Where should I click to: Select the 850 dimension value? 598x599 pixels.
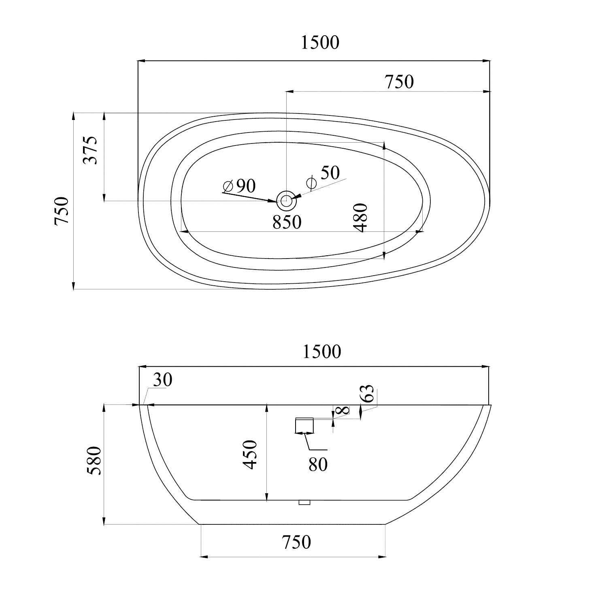tap(287, 222)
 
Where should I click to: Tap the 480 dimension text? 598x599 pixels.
tap(360, 218)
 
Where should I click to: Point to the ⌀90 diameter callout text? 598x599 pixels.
tap(240, 186)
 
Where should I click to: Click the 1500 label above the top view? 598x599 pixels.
tap(320, 43)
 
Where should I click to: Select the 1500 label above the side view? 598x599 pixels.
tap(322, 352)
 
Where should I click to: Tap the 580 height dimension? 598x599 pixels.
tap(94, 460)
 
